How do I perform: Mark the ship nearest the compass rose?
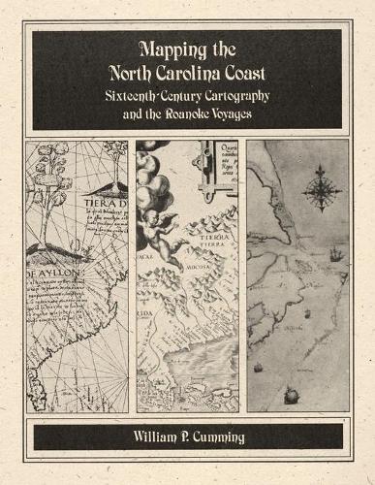(x=335, y=255)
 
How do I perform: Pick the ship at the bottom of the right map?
(x=289, y=394)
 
